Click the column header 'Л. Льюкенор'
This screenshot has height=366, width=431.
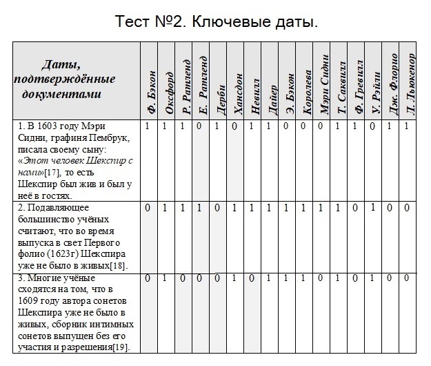click(410, 82)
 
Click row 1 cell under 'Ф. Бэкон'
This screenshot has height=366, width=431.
click(148, 126)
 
